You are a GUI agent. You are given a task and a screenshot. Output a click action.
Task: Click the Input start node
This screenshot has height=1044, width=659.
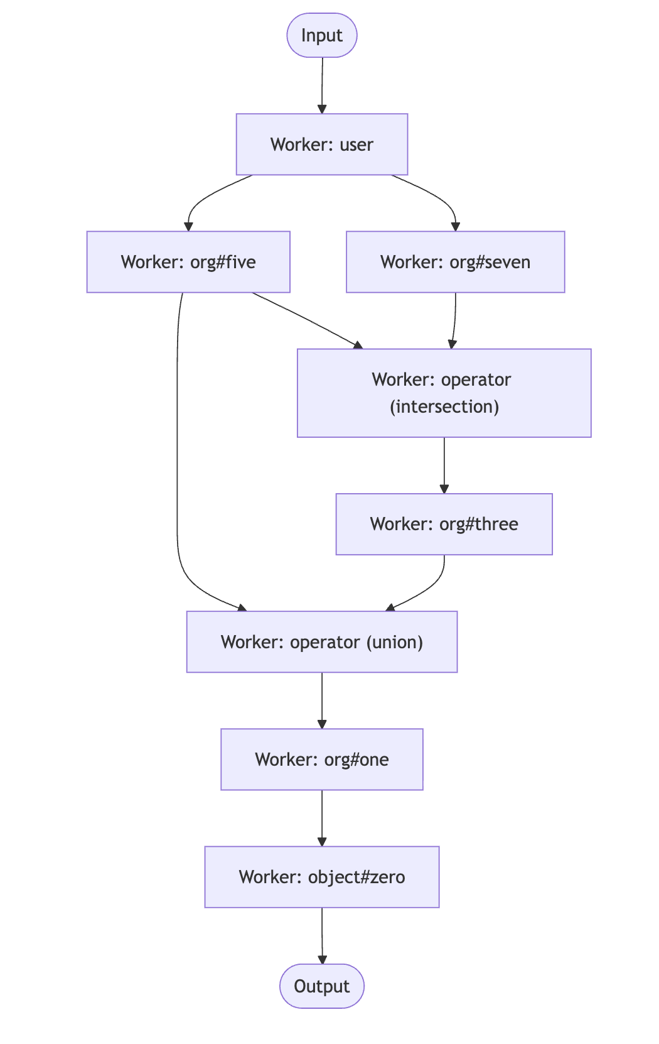(321, 35)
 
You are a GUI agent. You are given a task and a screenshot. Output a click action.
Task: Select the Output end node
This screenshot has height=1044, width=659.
(321, 986)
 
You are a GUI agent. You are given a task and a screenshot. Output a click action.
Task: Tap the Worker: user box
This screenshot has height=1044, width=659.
(321, 144)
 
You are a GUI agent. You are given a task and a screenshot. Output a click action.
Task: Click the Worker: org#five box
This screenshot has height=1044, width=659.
(188, 262)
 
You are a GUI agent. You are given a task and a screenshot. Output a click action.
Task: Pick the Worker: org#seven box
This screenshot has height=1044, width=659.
(455, 262)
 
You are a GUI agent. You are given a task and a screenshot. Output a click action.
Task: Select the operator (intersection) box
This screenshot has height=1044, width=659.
(444, 393)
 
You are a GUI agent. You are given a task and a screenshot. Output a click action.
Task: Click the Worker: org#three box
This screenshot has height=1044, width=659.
(444, 524)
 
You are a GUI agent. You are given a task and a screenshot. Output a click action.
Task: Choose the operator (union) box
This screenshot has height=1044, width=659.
(321, 642)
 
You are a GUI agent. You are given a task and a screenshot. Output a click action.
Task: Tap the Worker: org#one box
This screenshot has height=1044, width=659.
(321, 759)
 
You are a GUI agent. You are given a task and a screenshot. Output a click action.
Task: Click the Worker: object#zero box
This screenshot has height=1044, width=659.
(321, 877)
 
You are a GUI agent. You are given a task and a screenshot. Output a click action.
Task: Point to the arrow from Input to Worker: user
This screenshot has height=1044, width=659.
(322, 85)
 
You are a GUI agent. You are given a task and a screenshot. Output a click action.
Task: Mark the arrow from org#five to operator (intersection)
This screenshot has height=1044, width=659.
(308, 318)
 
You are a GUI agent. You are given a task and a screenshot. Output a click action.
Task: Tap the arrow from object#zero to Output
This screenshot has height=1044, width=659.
(322, 936)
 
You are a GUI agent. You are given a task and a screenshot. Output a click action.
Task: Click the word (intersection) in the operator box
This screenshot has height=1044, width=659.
(444, 406)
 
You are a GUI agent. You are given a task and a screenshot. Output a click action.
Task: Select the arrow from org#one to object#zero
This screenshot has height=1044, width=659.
(322, 818)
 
